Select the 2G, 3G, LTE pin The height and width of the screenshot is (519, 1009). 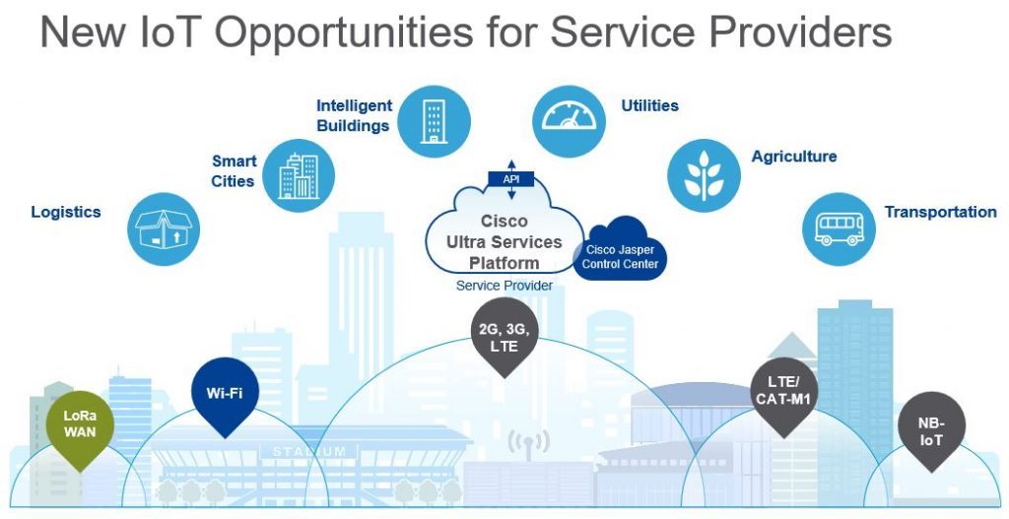pyautogui.click(x=504, y=337)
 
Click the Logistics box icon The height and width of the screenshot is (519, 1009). pyautogui.click(x=164, y=228)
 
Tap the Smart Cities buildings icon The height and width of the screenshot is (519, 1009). pyautogui.click(x=299, y=175)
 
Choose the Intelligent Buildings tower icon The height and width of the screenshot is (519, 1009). pyautogui.click(x=434, y=121)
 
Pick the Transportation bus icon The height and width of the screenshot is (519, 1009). pyautogui.click(x=840, y=228)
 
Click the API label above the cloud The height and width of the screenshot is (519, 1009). pyautogui.click(x=511, y=179)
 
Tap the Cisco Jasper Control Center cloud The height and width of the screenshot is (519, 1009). pyautogui.click(x=619, y=249)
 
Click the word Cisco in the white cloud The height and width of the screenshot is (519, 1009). pyautogui.click(x=504, y=222)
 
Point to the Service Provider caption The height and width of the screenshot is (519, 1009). pyautogui.click(x=504, y=286)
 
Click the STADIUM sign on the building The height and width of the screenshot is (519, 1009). pyautogui.click(x=308, y=451)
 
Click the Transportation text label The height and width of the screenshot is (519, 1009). pyautogui.click(x=940, y=212)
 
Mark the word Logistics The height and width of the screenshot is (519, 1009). pyautogui.click(x=66, y=213)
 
